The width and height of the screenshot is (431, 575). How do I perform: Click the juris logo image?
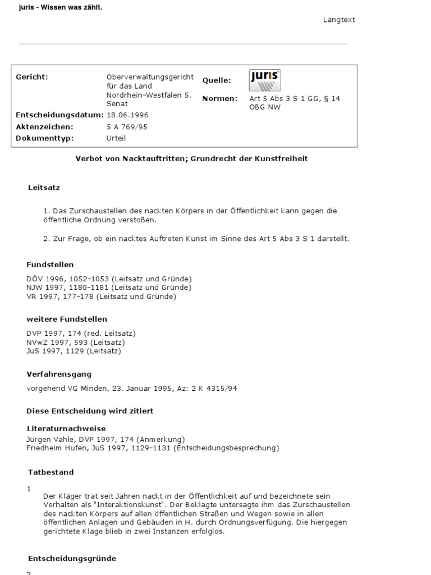(x=264, y=80)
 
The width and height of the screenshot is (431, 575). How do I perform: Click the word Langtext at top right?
(x=339, y=20)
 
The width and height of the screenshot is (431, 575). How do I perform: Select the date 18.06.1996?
(x=127, y=115)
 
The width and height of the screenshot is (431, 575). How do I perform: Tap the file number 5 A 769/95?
(x=127, y=127)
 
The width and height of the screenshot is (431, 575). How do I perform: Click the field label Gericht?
(x=32, y=77)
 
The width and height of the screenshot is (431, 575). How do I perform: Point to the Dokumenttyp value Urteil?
(x=116, y=138)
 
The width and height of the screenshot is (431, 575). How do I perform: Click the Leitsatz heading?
(x=44, y=188)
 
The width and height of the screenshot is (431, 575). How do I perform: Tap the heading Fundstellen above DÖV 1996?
(x=50, y=264)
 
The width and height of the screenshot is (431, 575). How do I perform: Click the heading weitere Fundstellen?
(x=67, y=319)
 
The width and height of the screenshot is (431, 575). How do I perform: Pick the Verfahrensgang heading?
(x=59, y=374)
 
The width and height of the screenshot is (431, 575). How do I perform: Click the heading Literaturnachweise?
(x=66, y=428)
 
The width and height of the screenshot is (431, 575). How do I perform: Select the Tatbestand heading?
(x=51, y=472)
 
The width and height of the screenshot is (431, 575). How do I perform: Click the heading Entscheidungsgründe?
(x=72, y=559)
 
